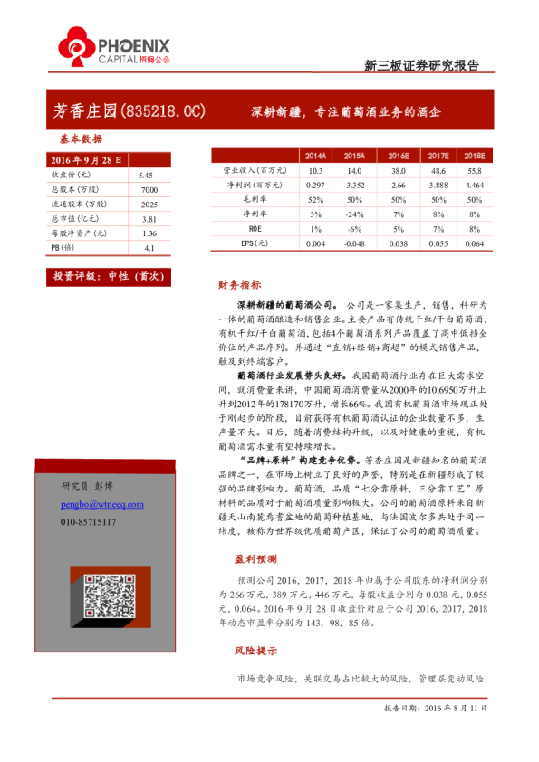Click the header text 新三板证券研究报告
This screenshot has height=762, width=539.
(421, 65)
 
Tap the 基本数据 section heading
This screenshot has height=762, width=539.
(81, 139)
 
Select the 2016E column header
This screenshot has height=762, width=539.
(396, 156)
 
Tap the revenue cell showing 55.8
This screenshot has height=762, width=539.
(475, 170)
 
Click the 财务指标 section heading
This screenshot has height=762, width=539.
(240, 284)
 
